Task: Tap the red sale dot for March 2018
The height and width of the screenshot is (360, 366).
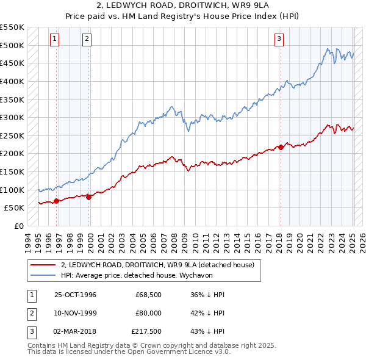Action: [281, 147]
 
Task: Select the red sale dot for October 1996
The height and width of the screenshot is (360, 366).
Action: [57, 201]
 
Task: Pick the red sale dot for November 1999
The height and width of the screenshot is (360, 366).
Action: [89, 196]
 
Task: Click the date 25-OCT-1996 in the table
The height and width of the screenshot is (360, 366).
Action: [76, 295]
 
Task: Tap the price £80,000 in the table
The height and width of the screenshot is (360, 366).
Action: [148, 313]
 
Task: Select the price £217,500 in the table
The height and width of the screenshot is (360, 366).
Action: [146, 331]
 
